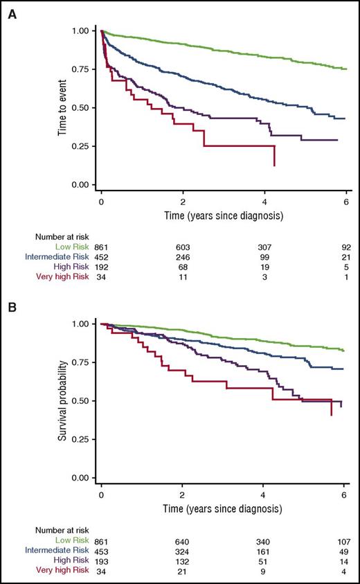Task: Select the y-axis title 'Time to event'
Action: pyautogui.click(x=64, y=107)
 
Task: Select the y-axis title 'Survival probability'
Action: pyautogui.click(x=64, y=400)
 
